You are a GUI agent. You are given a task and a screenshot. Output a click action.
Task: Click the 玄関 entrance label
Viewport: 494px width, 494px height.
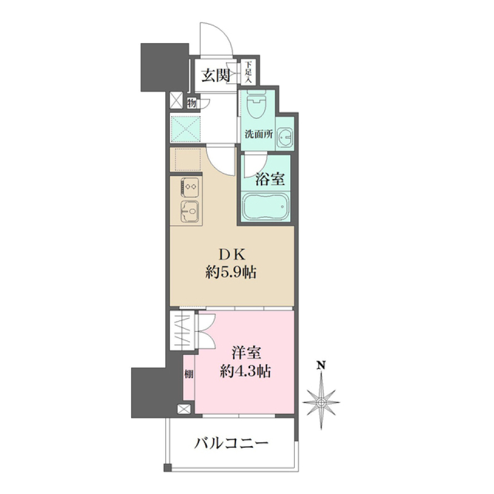[x=215, y=76]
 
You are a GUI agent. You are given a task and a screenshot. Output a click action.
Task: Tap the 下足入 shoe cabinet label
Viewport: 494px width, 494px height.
[x=249, y=73]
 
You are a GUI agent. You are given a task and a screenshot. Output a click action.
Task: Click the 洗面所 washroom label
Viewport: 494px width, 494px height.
[x=258, y=135]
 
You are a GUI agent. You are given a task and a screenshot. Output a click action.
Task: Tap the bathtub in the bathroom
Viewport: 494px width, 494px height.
[x=264, y=207]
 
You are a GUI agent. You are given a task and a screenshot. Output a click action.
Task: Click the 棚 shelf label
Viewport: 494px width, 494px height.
[x=189, y=375]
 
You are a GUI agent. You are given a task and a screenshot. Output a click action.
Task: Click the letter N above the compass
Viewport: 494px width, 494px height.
[x=321, y=366]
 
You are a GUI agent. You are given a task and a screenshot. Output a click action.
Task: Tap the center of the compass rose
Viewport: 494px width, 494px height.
[x=321, y=400]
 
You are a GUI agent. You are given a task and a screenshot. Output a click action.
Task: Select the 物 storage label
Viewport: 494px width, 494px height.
[x=191, y=103]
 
